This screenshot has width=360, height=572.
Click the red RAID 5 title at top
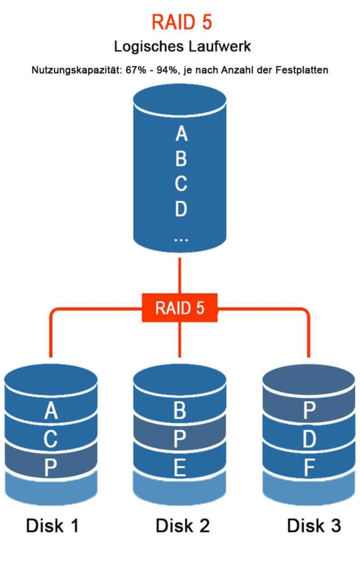tap(181, 23)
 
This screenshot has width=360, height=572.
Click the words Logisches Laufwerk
tap(181, 46)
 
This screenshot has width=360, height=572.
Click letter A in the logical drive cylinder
tap(181, 134)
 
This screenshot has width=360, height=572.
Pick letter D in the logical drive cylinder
tap(181, 209)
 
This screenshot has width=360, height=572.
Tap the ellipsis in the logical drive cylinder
tap(181, 238)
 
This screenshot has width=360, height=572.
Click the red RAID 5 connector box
tap(180, 308)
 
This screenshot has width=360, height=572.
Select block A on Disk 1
tap(51, 411)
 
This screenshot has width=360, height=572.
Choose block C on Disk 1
tap(51, 439)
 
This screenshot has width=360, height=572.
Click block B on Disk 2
tap(179, 411)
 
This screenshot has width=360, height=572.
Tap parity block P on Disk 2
tap(179, 439)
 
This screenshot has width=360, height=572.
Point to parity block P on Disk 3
tap(309, 411)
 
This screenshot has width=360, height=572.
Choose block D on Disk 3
tap(309, 439)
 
